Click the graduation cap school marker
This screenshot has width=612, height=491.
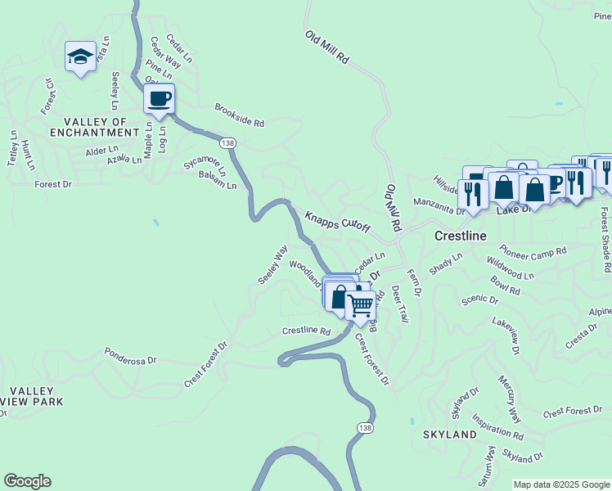(80, 56)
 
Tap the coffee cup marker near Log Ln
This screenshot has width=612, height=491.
(159, 99)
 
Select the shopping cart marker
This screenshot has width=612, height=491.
(360, 306)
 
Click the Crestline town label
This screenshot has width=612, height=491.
(460, 236)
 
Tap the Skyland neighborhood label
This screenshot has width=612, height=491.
(449, 434)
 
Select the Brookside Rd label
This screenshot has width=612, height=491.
(240, 115)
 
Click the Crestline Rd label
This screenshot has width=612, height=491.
(306, 331)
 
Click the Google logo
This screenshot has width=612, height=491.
(27, 481)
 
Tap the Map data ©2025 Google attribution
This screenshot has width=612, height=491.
(560, 484)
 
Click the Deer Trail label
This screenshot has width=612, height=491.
(398, 303)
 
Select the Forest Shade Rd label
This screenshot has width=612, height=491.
(604, 239)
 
